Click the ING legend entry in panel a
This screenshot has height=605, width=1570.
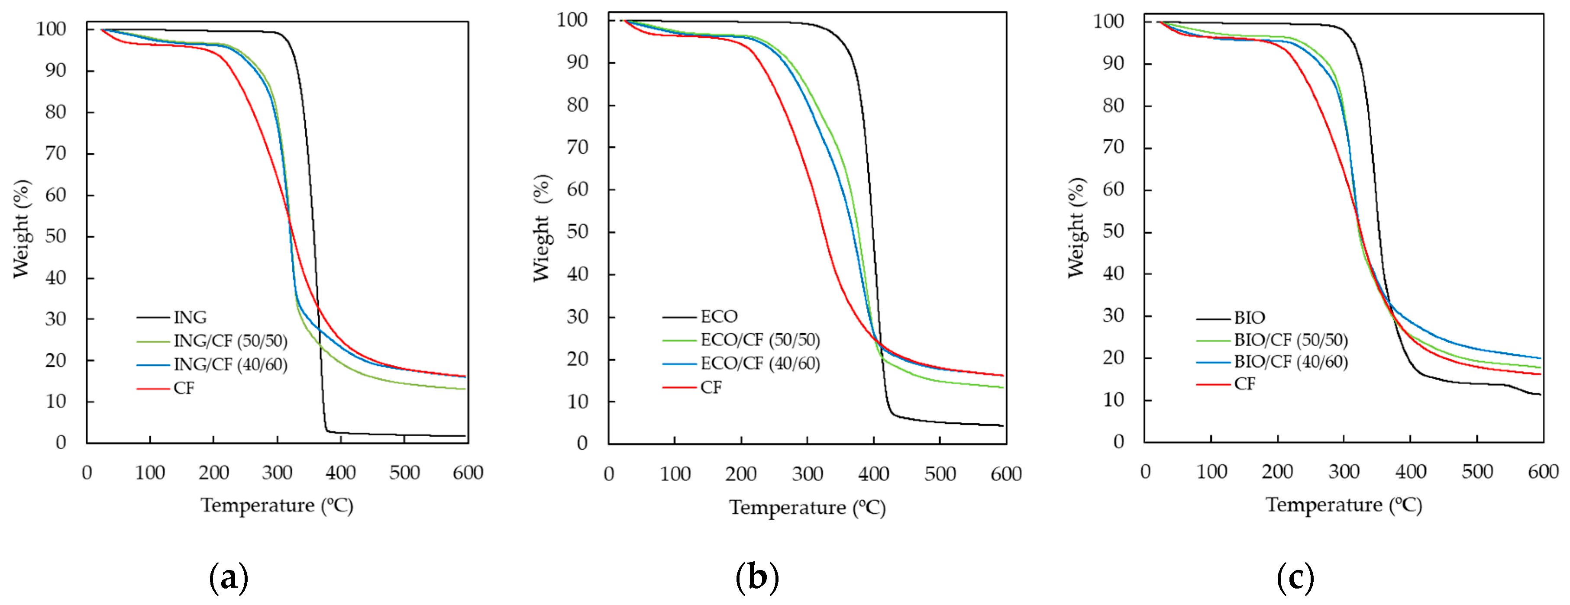tap(190, 317)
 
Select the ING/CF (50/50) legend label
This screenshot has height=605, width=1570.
tap(230, 341)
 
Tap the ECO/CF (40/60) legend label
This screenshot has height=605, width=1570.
tap(759, 364)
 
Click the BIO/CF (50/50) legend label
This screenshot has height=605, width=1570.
tap(1290, 340)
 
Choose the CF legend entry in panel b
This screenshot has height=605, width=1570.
tap(711, 387)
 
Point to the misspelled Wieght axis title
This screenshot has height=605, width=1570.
tap(541, 228)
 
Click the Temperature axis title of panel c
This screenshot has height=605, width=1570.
tap(1344, 505)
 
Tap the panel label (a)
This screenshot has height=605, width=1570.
tap(229, 577)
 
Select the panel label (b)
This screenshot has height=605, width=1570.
tap(757, 577)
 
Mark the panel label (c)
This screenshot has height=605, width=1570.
tap(1295, 577)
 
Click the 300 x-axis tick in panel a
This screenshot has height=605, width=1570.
tap(277, 473)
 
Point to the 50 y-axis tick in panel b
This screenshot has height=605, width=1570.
tap(577, 232)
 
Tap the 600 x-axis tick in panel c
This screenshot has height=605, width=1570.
tap(1543, 472)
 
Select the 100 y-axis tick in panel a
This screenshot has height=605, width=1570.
tap(51, 29)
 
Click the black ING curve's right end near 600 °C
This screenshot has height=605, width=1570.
tap(465, 436)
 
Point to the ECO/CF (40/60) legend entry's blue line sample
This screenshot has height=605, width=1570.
tap(679, 364)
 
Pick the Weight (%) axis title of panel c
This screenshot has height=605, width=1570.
tap(1076, 228)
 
